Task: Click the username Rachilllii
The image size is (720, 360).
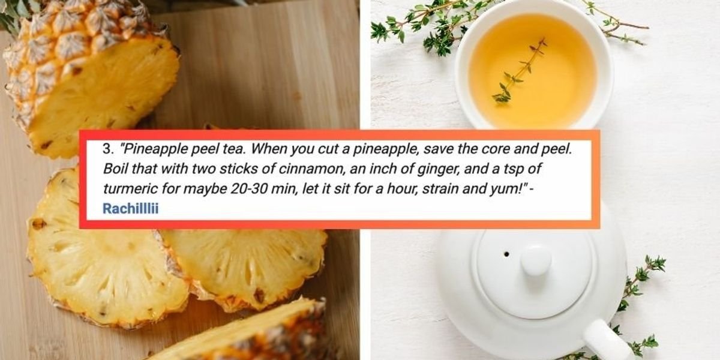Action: (131, 209)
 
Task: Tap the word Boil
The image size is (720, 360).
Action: (115, 169)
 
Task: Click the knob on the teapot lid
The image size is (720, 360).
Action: (536, 260)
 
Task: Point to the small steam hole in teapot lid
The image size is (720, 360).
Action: (506, 254)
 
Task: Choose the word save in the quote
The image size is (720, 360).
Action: (439, 149)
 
